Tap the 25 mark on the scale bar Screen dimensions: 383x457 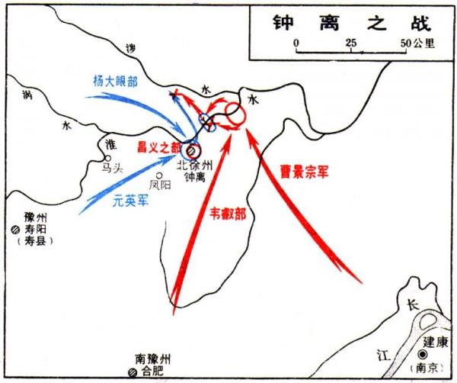coord(351,43)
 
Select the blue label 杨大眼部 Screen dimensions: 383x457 coord(117,80)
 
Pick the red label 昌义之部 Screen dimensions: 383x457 coord(159,146)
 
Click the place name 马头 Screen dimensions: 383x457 coord(111,169)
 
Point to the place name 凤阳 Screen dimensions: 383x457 coord(160,184)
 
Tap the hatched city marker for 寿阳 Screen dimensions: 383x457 coord(14,230)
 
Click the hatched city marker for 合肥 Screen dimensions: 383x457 coord(133,372)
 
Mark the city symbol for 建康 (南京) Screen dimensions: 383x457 coord(422,356)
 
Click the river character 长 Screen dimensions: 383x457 coord(412,305)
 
